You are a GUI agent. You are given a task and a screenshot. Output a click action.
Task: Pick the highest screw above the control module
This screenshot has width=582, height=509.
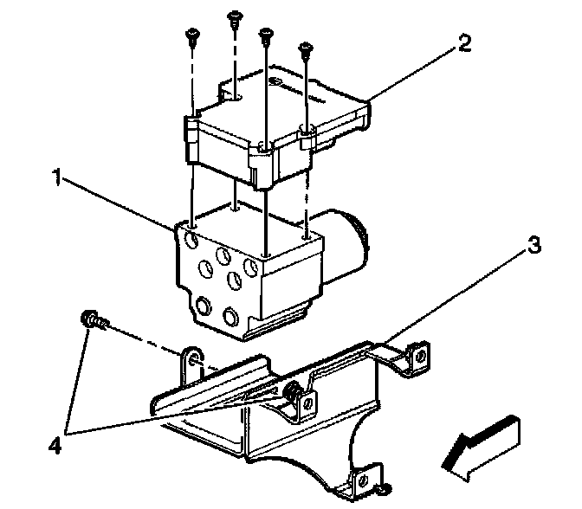[234, 16]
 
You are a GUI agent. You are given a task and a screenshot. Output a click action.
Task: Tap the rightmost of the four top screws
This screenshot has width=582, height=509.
[305, 50]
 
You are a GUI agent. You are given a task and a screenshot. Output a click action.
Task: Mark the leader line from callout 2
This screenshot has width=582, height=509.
[412, 74]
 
